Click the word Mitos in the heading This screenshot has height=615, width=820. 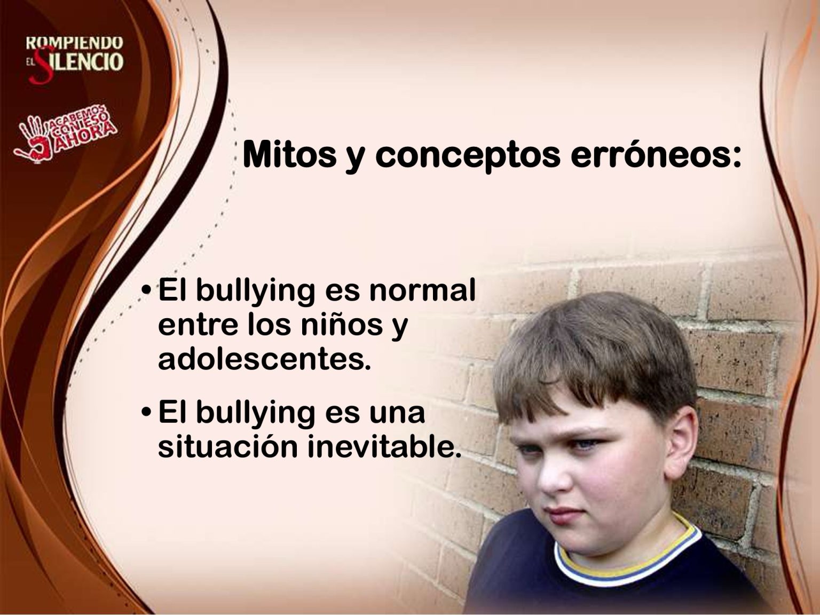click(x=289, y=154)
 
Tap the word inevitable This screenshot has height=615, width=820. click(x=384, y=446)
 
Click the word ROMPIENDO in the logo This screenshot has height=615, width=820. click(x=74, y=43)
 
